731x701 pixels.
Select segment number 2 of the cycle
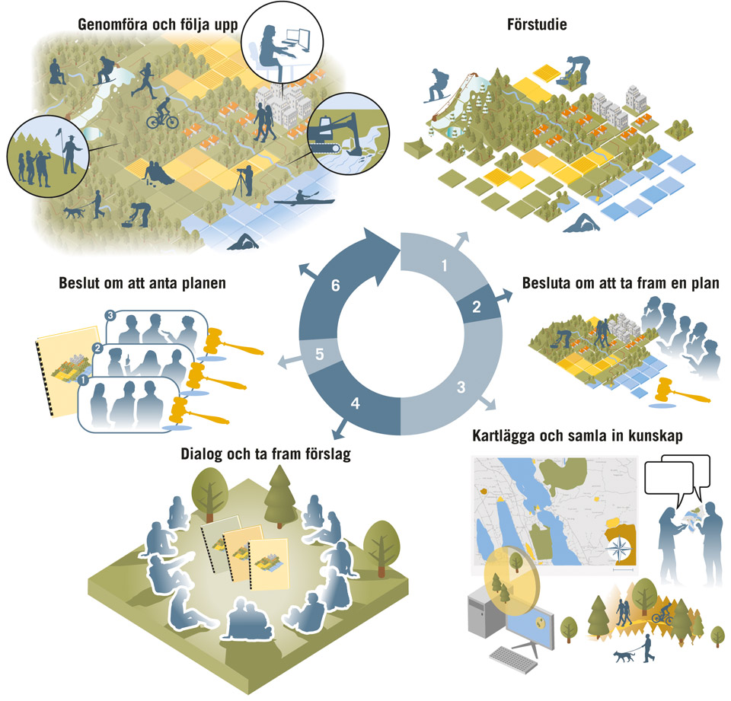tap(475, 308)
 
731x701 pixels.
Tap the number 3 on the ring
tap(460, 387)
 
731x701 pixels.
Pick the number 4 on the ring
tap(354, 403)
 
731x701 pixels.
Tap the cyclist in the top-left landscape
tap(162, 114)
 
